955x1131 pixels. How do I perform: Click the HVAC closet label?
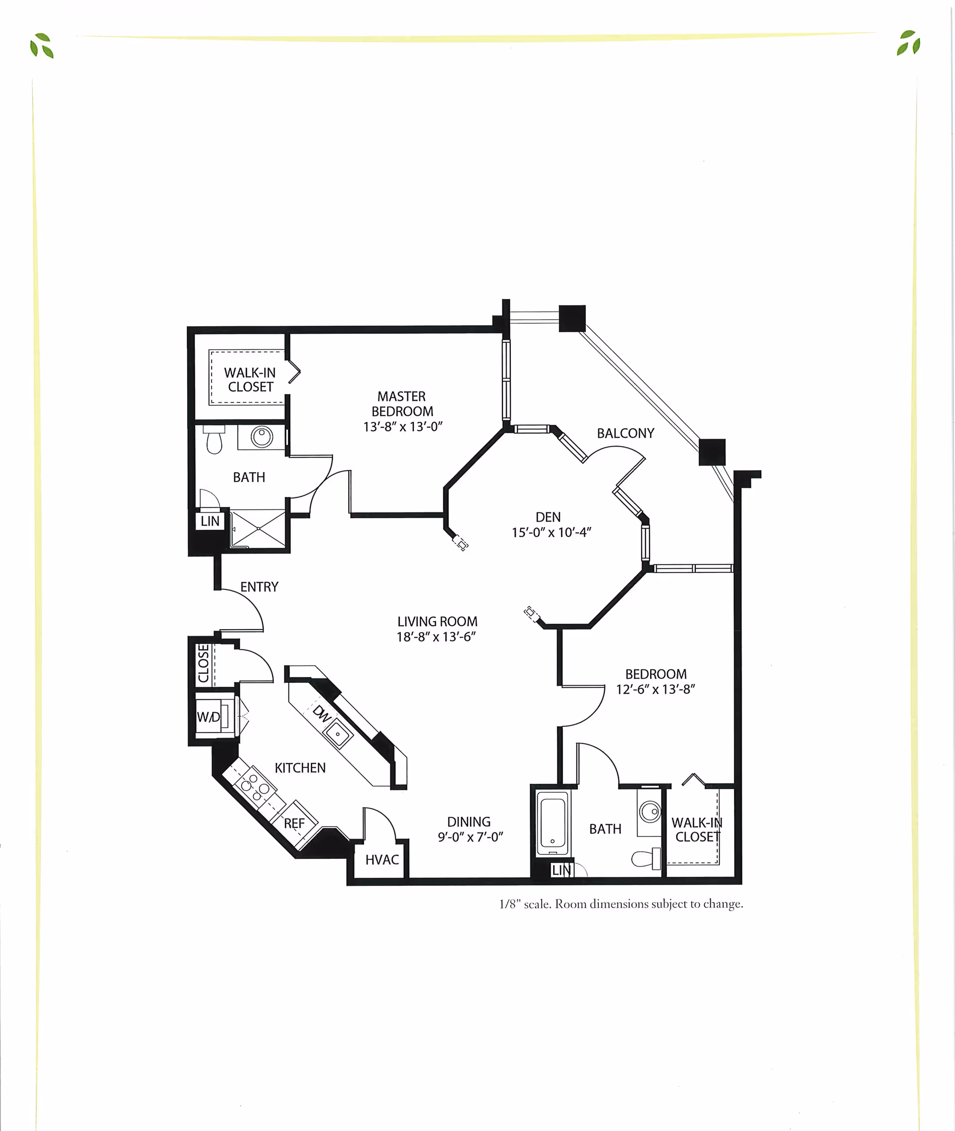pos(382,860)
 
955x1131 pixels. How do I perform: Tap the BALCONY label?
pos(625,433)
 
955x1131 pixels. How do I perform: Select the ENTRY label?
pos(259,587)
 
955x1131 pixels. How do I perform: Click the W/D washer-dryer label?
pos(208,717)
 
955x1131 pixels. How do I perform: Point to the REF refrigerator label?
pos(294,824)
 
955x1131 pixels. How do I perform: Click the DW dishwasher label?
pos(322,714)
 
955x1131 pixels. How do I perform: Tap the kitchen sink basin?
pos(338,734)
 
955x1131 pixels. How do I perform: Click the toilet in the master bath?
pos(214,440)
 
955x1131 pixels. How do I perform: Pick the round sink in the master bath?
pos(262,436)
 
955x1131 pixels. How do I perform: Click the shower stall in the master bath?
pos(258,528)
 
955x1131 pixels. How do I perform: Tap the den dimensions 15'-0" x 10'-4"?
pos(551,533)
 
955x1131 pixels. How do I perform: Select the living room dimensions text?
pos(436,637)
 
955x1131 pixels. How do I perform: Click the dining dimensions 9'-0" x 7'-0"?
pos(470,837)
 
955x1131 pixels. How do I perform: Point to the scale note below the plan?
pos(620,904)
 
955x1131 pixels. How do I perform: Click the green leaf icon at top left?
pos(42,45)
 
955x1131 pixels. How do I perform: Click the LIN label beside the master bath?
pos(210,521)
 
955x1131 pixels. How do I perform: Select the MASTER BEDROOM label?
pos(402,404)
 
